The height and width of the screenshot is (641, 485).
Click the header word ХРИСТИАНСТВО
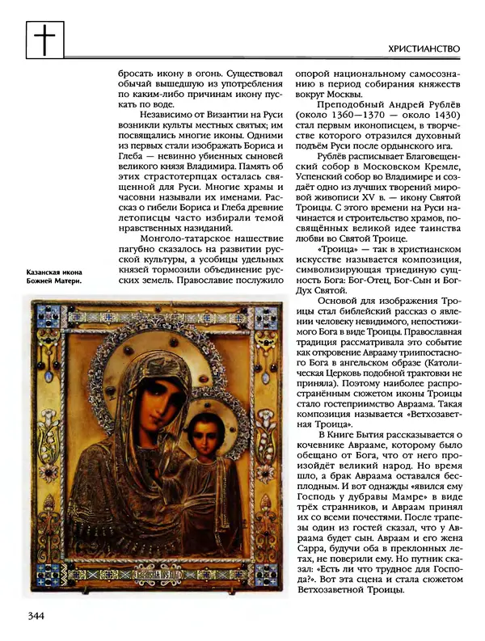tap(424, 49)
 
